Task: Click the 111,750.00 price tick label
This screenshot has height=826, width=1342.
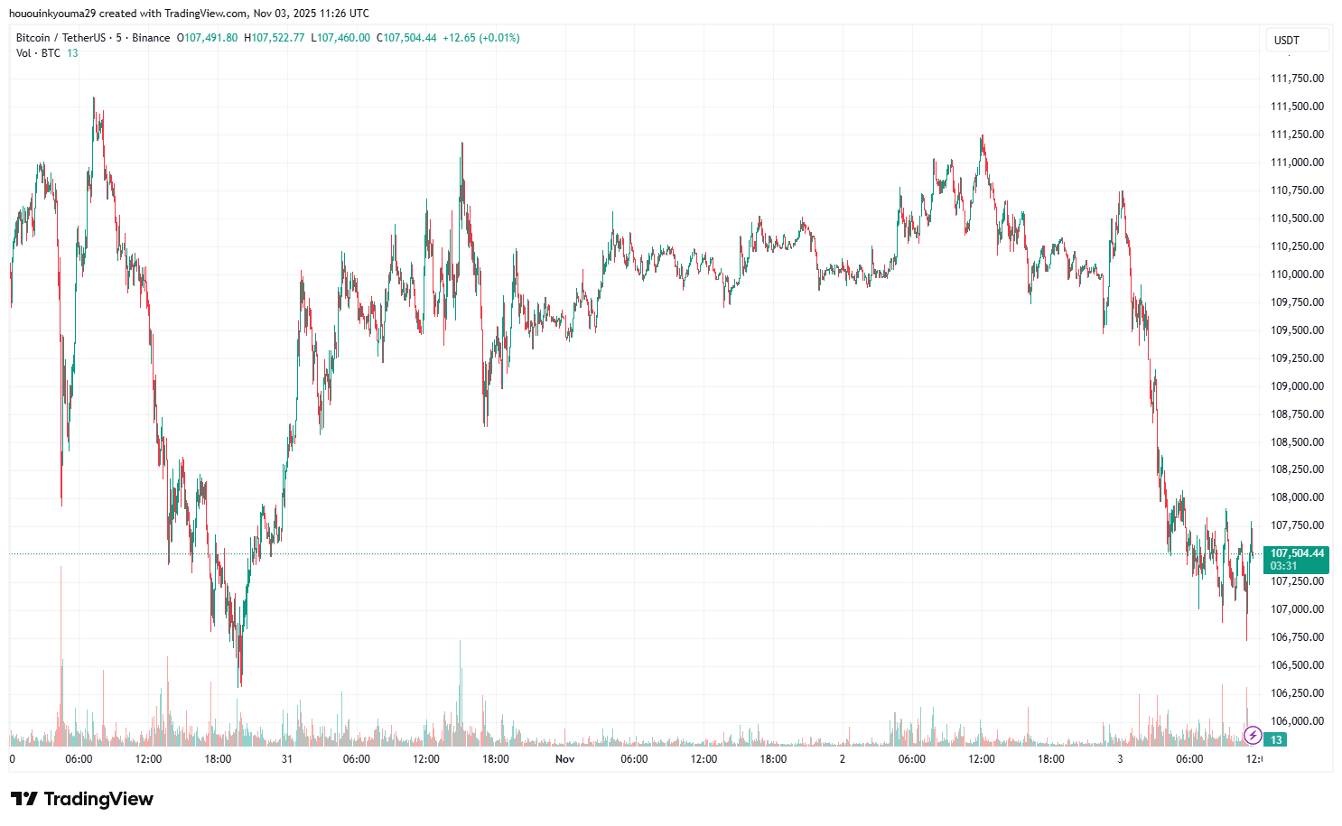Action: click(x=1297, y=79)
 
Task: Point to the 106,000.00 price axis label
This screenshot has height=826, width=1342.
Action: click(x=1297, y=721)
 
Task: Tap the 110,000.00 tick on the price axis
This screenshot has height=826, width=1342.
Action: click(x=1297, y=274)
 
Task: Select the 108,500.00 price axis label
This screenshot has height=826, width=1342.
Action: click(x=1297, y=442)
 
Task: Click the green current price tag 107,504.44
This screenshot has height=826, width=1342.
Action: click(x=1297, y=553)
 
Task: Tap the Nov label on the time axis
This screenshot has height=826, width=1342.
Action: click(x=564, y=759)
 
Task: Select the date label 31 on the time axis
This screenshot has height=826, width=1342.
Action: click(x=287, y=759)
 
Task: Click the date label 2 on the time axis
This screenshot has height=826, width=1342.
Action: click(x=843, y=759)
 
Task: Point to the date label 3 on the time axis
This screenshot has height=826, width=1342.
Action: click(x=1120, y=759)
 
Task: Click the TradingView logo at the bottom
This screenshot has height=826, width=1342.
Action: click(x=82, y=799)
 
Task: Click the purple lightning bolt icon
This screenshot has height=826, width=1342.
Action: click(x=1253, y=736)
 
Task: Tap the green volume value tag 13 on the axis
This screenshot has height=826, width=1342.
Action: click(x=1276, y=740)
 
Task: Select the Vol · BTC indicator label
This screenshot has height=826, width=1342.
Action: click(x=38, y=53)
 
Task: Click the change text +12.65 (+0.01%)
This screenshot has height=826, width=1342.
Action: click(x=480, y=38)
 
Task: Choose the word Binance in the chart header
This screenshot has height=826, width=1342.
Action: click(x=151, y=38)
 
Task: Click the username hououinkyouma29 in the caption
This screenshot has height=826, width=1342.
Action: click(x=51, y=14)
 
